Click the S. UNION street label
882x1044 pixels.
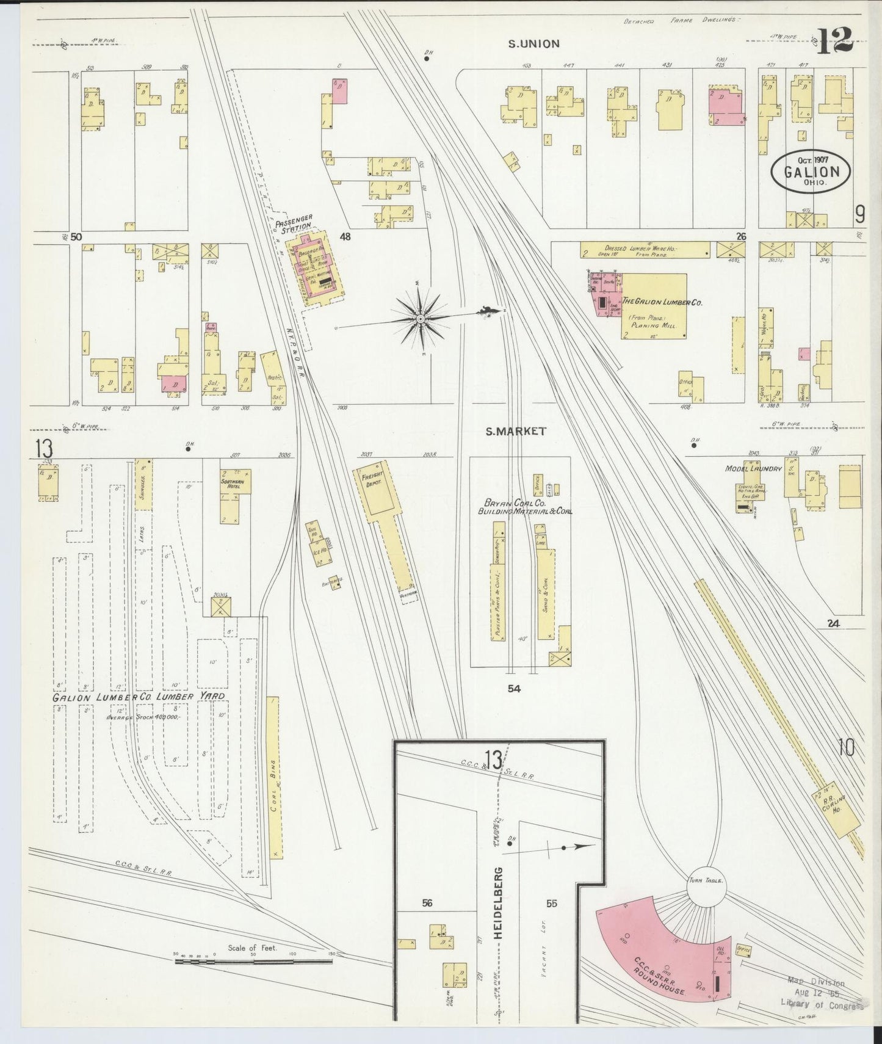pos(535,43)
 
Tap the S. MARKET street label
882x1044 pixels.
pos(516,431)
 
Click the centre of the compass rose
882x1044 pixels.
pos(420,318)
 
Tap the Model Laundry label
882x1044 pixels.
pos(753,469)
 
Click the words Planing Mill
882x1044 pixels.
pos(653,326)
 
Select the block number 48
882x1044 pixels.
pos(345,237)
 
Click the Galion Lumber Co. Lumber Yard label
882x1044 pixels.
pos(139,697)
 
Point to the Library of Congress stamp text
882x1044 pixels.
pos(822,1005)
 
